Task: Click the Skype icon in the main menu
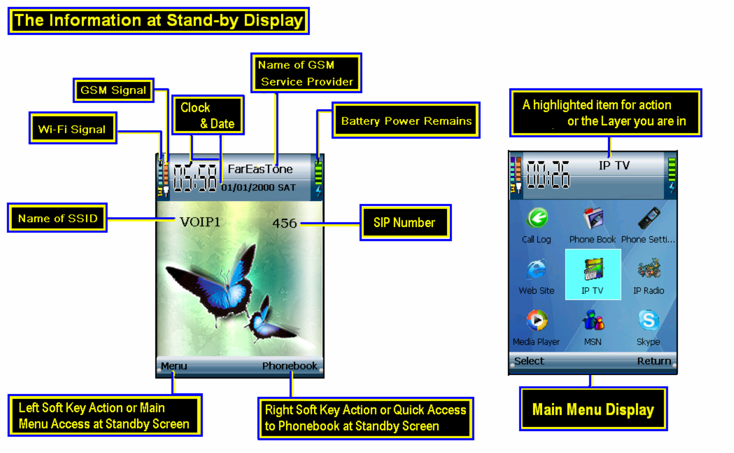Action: [x=649, y=321]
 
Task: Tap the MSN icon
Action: [x=593, y=321]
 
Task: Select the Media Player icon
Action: [x=537, y=321]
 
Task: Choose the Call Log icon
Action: [x=537, y=219]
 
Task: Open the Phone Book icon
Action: [x=593, y=219]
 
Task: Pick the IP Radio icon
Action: [x=649, y=269]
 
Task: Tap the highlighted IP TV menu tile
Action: [x=593, y=274]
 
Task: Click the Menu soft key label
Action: [x=174, y=366]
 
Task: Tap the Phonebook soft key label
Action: [x=289, y=366]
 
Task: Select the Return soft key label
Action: [x=654, y=361]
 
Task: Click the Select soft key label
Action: [x=529, y=361]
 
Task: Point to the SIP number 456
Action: [x=284, y=223]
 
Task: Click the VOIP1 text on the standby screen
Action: [x=200, y=222]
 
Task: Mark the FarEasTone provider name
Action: [x=260, y=169]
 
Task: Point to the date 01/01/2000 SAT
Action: [x=258, y=188]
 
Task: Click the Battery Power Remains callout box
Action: [x=406, y=121]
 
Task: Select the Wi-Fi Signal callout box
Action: [x=72, y=129]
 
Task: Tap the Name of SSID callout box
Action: [x=57, y=218]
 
